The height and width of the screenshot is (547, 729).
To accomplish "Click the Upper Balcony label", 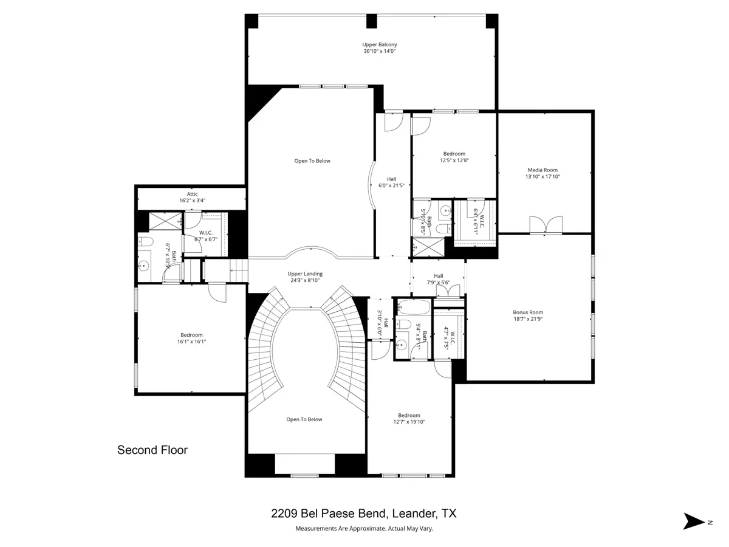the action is pos(379,44).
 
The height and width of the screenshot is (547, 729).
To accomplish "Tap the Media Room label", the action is pos(542,170).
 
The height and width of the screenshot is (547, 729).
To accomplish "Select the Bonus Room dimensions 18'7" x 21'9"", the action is pos(528,319).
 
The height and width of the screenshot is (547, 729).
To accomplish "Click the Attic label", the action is pos(192,194).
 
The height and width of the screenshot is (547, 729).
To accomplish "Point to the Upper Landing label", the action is pos(305,273).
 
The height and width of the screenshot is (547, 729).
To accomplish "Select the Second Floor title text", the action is pos(152,450).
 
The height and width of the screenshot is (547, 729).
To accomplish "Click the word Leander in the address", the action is pos(413,514).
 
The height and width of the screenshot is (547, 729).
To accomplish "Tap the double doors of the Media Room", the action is pos(546,225).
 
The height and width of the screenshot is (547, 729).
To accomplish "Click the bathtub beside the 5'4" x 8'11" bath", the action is pos(413,308).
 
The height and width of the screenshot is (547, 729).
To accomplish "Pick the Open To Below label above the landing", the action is pos(312,161).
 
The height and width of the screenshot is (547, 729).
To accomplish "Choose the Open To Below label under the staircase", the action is pos(304,419).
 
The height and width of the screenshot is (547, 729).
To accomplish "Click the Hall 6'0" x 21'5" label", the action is pos(391,182).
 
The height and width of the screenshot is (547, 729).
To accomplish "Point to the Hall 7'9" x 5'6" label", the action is pos(438,279).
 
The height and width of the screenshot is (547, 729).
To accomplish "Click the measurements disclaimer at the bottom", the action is pos(364,528).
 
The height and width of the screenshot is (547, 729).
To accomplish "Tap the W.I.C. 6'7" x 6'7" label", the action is pos(205,236).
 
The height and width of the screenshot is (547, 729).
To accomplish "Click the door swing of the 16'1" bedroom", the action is pos(217,293).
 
